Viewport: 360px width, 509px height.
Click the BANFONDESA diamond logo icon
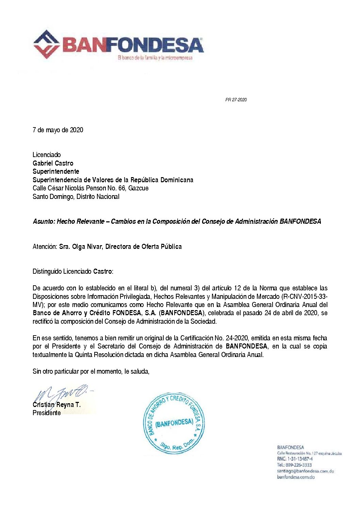[x=47, y=44]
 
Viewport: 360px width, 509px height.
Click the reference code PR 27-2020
[x=236, y=100]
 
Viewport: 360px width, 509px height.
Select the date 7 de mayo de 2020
[x=58, y=130]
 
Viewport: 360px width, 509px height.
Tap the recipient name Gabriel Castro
[x=53, y=163]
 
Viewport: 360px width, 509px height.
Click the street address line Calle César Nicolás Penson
[x=91, y=188]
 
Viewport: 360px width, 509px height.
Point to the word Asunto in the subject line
[x=44, y=221]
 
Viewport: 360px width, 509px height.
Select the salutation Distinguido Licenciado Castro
[x=73, y=271]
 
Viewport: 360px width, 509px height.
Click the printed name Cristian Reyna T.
[x=56, y=405]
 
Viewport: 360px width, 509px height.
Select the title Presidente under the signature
[x=47, y=413]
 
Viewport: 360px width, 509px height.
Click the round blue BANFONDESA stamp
[x=174, y=423]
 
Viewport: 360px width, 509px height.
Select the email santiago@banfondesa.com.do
[x=305, y=471]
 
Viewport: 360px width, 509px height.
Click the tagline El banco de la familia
[x=155, y=58]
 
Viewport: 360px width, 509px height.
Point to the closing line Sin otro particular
[x=91, y=371]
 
